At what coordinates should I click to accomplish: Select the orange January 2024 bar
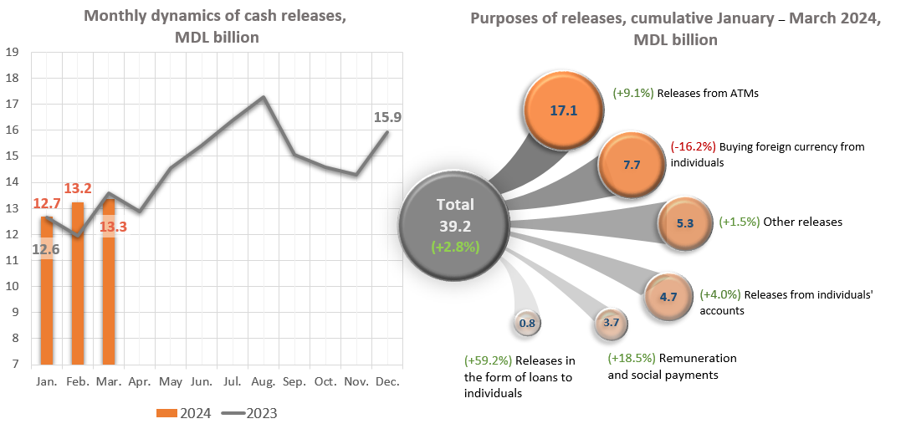[x=47, y=293]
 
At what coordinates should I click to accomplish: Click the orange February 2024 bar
[x=78, y=284]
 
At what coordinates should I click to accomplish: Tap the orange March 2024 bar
[x=109, y=284]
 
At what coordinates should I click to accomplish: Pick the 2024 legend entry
[x=184, y=413]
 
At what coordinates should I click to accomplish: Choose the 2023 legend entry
[x=249, y=413]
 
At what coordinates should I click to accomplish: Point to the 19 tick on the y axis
[x=13, y=52]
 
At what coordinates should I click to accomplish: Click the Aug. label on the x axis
[x=264, y=381]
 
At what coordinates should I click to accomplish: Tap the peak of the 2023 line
[x=264, y=97]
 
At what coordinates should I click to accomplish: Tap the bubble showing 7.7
[x=632, y=165]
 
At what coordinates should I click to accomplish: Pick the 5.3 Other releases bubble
[x=684, y=222]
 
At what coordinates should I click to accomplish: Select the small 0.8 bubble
[x=527, y=323]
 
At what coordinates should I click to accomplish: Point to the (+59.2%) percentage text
[x=489, y=361]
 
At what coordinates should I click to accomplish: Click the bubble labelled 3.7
[x=610, y=323]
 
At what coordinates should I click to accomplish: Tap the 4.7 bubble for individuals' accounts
[x=668, y=295]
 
